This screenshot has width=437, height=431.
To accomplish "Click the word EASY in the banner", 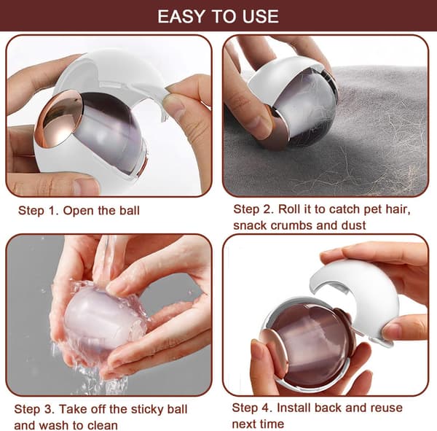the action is [x=182, y=17].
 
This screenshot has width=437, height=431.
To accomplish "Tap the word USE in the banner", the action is [x=261, y=17].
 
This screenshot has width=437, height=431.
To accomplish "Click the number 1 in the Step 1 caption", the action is [x=52, y=211].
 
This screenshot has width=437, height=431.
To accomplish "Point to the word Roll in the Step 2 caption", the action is [x=289, y=209].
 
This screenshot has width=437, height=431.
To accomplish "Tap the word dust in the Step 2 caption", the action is [x=353, y=225].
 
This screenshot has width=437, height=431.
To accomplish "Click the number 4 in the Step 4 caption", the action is [x=266, y=408].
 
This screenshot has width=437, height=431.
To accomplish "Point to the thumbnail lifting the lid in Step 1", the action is [x=173, y=105].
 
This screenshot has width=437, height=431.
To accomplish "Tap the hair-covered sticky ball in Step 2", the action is [x=304, y=112].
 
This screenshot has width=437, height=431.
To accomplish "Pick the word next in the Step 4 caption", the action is [x=245, y=424].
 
